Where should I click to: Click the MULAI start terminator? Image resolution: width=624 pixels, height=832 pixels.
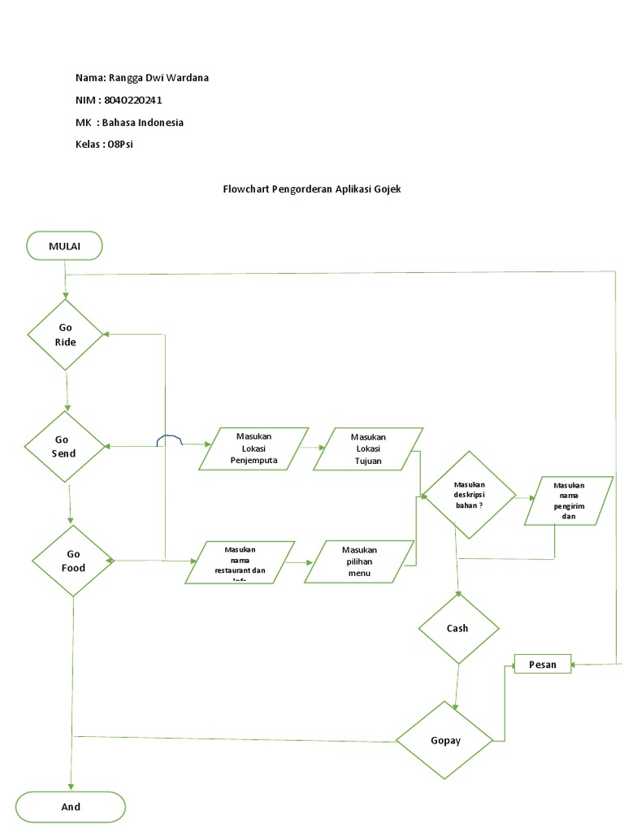click(x=64, y=245)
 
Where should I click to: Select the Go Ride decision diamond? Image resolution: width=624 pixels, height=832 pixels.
click(x=66, y=335)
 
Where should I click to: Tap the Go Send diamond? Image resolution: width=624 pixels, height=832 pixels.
click(x=64, y=446)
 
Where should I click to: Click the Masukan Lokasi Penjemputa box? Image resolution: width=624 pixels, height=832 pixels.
click(x=253, y=448)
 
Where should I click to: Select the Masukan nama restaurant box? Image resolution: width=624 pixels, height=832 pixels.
click(x=240, y=562)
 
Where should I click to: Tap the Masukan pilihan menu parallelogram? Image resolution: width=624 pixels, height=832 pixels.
click(x=357, y=561)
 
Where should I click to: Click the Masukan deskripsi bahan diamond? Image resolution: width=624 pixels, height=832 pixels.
click(x=469, y=495)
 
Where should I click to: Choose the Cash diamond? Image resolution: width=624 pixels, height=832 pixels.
click(x=457, y=628)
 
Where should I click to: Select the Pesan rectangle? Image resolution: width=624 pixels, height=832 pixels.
click(x=542, y=665)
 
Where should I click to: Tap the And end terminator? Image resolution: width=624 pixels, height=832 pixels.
click(x=71, y=807)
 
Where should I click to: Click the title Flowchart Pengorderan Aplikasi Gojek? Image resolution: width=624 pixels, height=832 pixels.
click(x=312, y=188)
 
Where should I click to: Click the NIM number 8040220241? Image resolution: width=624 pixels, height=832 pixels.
click(x=139, y=100)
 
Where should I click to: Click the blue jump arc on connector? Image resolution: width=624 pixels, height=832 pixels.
click(x=169, y=440)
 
